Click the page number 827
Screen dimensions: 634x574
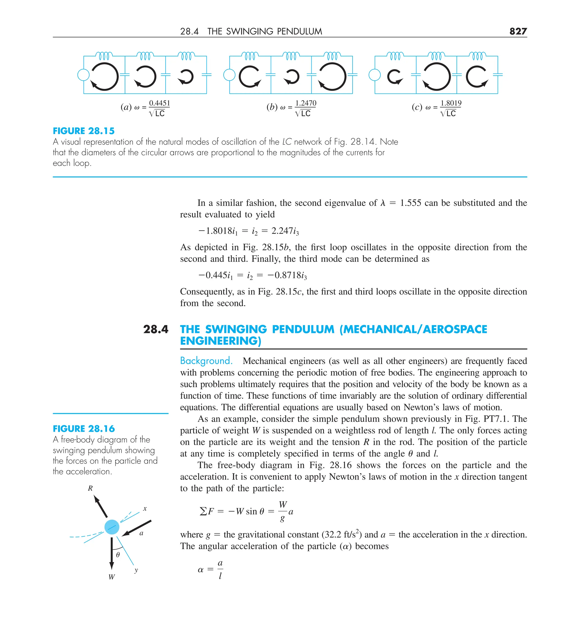(x=518, y=31)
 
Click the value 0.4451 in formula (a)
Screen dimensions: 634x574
(x=159, y=103)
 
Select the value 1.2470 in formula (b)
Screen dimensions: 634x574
(x=305, y=103)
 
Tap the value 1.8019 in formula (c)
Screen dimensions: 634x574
(x=451, y=103)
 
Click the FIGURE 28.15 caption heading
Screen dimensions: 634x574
(x=84, y=131)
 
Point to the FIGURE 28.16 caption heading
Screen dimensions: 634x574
(x=84, y=429)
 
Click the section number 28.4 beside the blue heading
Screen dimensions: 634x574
(x=155, y=329)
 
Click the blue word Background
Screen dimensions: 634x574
(x=206, y=360)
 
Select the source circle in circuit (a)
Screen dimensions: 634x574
(x=83, y=75)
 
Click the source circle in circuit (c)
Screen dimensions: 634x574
(x=374, y=75)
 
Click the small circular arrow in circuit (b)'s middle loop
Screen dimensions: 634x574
(x=291, y=77)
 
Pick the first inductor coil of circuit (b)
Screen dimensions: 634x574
(x=250, y=56)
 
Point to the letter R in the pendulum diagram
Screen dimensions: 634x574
(x=90, y=489)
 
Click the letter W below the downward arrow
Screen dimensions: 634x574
(x=111, y=577)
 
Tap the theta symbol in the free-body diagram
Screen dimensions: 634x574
(x=118, y=555)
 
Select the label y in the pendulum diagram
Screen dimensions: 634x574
(x=136, y=570)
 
